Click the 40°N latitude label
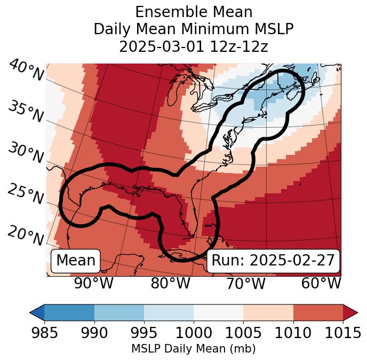pos(25,71)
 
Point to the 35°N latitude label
pos(25,111)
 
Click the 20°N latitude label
pos(25,236)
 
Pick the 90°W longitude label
pos(94,283)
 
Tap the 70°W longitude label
pos(246,283)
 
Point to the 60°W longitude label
pos(321,283)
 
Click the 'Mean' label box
pos(76,261)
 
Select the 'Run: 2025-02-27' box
pos(273,261)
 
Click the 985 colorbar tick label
pos(44,333)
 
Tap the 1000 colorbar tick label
pos(193,333)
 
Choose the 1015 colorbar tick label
pos(342,333)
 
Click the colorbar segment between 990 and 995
pos(119,312)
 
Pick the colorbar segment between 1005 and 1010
pos(268,312)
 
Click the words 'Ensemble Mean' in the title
pos(194,12)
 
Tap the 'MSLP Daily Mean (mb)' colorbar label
pos(193,349)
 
